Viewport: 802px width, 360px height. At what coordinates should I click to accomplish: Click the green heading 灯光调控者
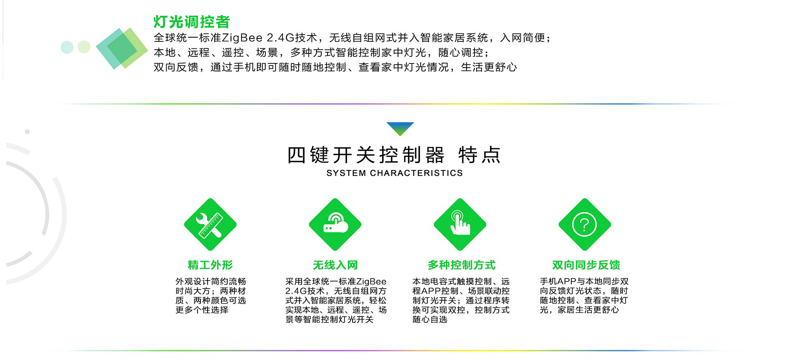point(192,22)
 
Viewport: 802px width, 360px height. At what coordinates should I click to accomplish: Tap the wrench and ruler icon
point(210,225)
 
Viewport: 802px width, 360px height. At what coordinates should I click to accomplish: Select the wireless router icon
point(335,225)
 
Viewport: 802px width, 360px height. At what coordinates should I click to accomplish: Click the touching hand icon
point(460,225)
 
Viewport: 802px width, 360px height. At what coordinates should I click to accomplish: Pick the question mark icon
point(585,225)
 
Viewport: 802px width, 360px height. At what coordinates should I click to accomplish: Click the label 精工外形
point(210,265)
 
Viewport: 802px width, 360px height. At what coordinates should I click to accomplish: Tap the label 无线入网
point(335,265)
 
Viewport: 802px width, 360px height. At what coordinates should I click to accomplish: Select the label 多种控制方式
point(461,265)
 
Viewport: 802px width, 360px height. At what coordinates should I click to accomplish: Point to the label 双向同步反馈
point(586,265)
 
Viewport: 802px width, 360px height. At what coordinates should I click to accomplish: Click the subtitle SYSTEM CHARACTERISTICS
point(394,173)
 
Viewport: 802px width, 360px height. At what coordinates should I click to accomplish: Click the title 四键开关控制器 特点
point(394,155)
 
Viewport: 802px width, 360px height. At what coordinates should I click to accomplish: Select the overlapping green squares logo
point(122,48)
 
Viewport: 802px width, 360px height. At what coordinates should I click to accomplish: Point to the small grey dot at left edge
point(27,132)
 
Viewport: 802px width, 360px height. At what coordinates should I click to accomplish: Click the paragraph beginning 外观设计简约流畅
point(211,296)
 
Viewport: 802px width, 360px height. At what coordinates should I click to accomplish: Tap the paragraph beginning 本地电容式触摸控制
point(461,300)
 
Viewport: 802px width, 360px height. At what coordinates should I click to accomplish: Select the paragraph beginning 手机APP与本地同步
point(584,296)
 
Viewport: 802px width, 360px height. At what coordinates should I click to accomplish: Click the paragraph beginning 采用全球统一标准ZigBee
point(336,300)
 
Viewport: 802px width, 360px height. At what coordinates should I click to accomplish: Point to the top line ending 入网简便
point(352,38)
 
